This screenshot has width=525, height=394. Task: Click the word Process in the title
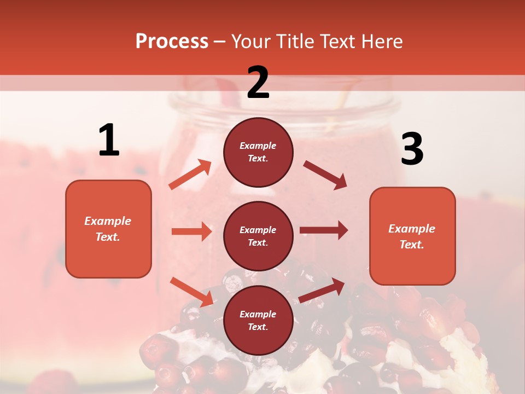(x=172, y=42)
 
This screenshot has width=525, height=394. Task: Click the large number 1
(x=109, y=141)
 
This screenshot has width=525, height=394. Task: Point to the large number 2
(x=258, y=83)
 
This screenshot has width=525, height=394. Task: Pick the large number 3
(x=412, y=149)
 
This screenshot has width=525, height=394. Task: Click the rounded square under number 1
(x=108, y=229)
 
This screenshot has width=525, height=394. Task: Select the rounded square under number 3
(x=412, y=236)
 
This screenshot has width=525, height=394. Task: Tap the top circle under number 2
(x=258, y=152)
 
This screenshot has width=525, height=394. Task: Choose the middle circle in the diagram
(x=258, y=236)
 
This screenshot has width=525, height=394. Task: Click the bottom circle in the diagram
(x=258, y=320)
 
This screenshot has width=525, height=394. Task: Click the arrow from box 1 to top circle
(x=190, y=175)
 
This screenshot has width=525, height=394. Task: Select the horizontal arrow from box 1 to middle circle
(x=191, y=231)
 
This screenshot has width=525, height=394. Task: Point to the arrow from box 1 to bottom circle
(x=191, y=291)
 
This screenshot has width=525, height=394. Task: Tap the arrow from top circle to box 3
(x=325, y=175)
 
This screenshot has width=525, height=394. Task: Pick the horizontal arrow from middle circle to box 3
(x=324, y=230)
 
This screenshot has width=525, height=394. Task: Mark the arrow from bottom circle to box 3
(x=322, y=290)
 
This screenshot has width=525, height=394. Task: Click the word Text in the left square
(x=107, y=237)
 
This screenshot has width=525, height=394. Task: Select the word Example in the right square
(x=412, y=229)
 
